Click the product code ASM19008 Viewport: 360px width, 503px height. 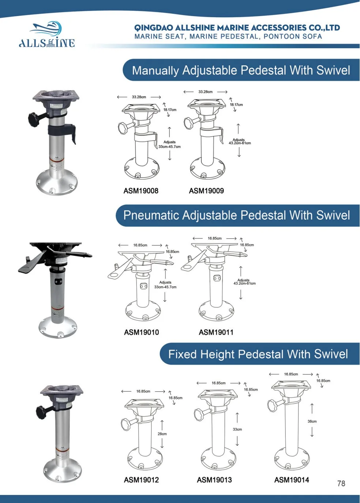pos(141,191)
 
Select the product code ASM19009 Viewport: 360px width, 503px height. pos(206,191)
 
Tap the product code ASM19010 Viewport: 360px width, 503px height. pos(141,332)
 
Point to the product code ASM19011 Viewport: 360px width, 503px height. pos(216,332)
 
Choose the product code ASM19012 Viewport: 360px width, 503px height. pos(141,480)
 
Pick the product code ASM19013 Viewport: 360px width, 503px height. pos(214,480)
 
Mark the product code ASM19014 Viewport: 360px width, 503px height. pos(292,480)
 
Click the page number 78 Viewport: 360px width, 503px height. pos(341,484)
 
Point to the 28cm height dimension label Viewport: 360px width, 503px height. pos(162,434)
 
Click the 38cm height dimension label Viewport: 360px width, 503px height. pos(312,421)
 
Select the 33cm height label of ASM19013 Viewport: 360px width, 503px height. pos(237,429)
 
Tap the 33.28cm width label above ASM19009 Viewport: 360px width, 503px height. pos(205,92)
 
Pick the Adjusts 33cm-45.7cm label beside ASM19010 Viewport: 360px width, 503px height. pos(165,285)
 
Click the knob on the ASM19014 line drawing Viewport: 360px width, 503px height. pos(272,406)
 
